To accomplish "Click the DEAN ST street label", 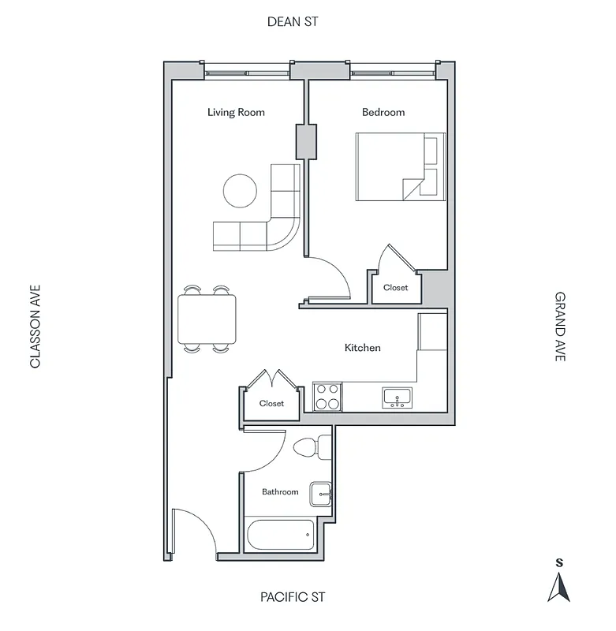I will tap(293, 22).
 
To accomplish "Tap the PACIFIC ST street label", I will tap(293, 597).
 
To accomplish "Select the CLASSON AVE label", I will tap(35, 327).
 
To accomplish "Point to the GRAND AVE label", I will tap(560, 327).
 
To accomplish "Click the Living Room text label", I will tap(236, 112).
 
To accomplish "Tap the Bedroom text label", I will tap(383, 112).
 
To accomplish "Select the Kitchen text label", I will tap(363, 347).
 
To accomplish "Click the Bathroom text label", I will tap(280, 491).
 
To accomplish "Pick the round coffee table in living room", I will tap(240, 190).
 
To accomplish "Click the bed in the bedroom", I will tap(399, 166).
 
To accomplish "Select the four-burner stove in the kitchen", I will tap(327, 396).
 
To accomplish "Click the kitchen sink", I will tap(396, 397).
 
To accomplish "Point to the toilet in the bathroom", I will tap(312, 447).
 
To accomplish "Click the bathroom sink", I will tap(320, 494).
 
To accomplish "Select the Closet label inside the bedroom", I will tap(396, 288).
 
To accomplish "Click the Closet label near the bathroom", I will tap(271, 403).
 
